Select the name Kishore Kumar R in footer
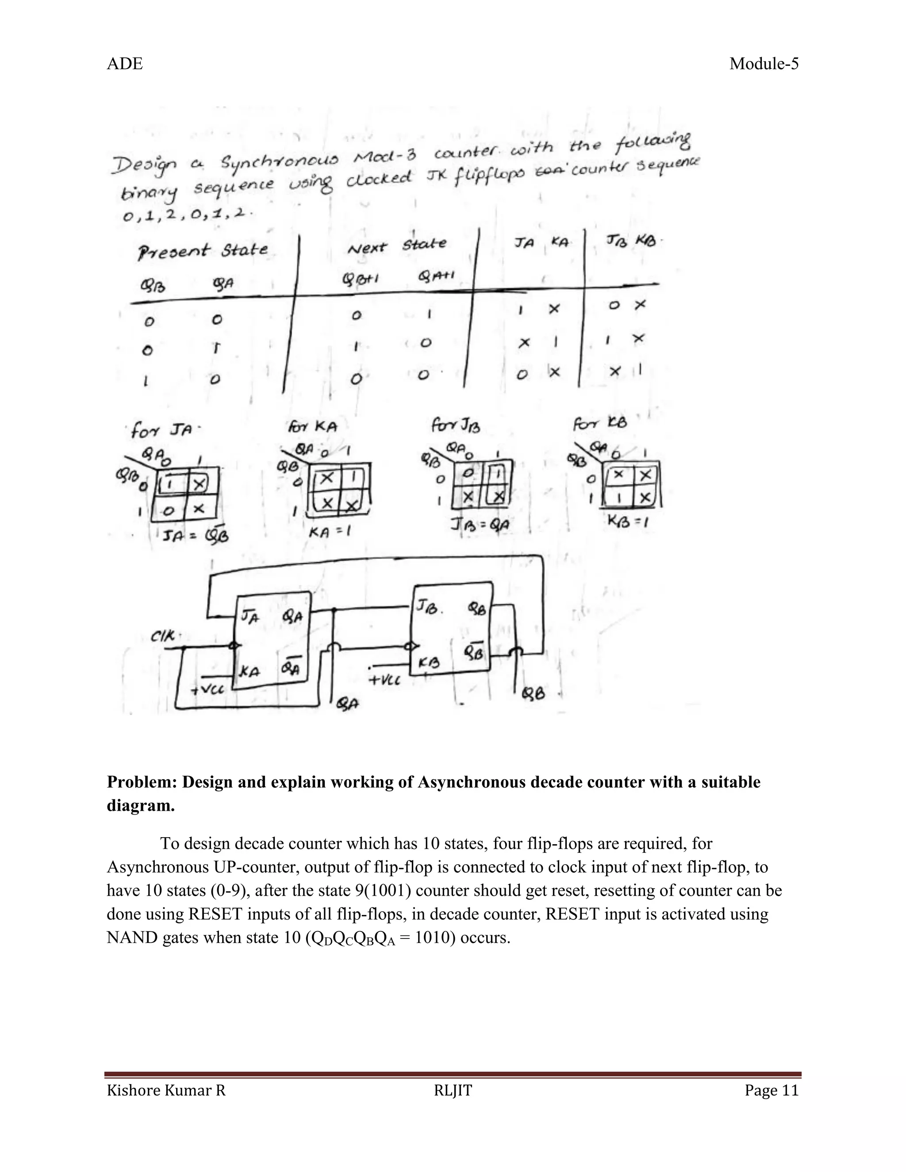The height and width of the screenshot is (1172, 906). pyautogui.click(x=166, y=1091)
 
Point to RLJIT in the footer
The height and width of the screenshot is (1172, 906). pyautogui.click(x=453, y=1091)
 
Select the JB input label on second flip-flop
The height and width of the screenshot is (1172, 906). pyautogui.click(x=428, y=608)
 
